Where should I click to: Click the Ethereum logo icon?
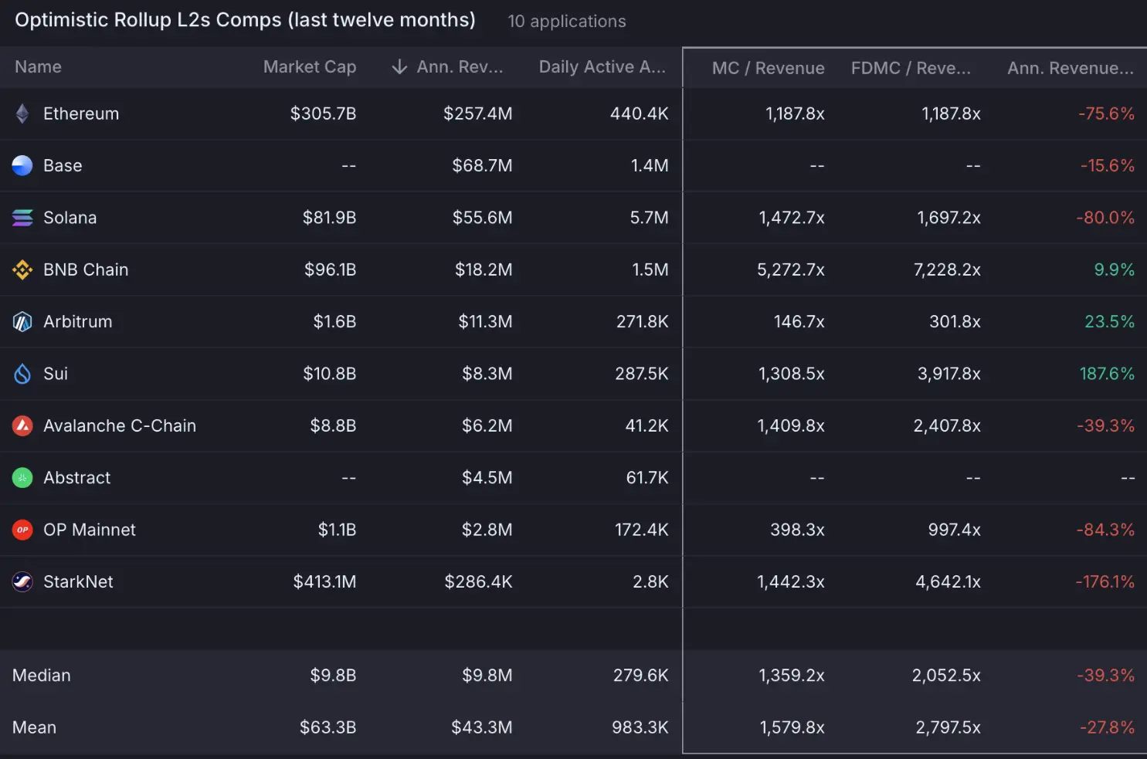pyautogui.click(x=22, y=114)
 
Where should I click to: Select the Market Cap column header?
pyautogui.click(x=309, y=67)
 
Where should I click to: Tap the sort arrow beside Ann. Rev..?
pyautogui.click(x=399, y=67)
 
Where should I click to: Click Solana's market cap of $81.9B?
pyautogui.click(x=329, y=218)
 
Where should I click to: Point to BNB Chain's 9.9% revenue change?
pyautogui.click(x=1114, y=269)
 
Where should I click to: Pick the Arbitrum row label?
pyautogui.click(x=77, y=321)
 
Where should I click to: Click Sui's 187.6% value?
pyautogui.click(x=1106, y=374)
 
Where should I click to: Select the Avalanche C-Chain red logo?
pyautogui.click(x=22, y=425)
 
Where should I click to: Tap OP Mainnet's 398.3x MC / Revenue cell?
pyautogui.click(x=797, y=530)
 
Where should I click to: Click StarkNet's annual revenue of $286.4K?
pyautogui.click(x=478, y=581)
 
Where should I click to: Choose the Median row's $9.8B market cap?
pyautogui.click(x=333, y=676)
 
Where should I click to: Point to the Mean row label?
pyautogui.click(x=35, y=727)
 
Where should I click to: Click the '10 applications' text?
pyautogui.click(x=567, y=22)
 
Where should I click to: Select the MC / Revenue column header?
pyautogui.click(x=768, y=68)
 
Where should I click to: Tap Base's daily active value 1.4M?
pyautogui.click(x=650, y=165)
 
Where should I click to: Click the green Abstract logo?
pyautogui.click(x=22, y=478)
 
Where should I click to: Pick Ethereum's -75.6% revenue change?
pyautogui.click(x=1106, y=114)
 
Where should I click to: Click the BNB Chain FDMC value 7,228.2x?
pyautogui.click(x=947, y=269)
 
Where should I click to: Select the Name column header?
pyautogui.click(x=38, y=67)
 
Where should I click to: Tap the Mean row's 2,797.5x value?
pyautogui.click(x=948, y=727)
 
